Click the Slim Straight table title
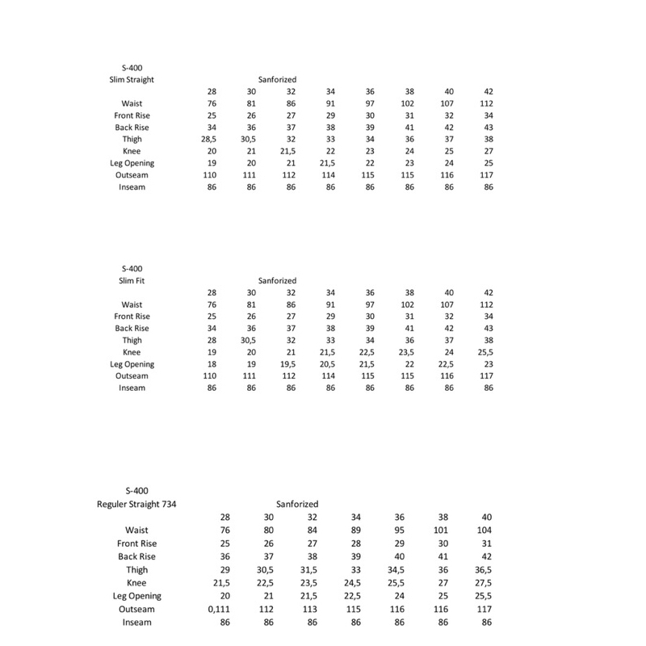(132, 80)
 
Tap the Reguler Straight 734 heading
(136, 504)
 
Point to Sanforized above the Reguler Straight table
(297, 504)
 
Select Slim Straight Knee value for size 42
(488, 152)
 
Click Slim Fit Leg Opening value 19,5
(290, 364)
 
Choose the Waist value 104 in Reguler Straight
(485, 530)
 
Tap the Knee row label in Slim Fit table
(132, 352)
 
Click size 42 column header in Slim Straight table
(488, 92)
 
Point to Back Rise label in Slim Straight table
(132, 128)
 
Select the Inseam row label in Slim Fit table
(132, 388)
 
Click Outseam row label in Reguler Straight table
(136, 609)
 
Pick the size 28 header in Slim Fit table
(212, 292)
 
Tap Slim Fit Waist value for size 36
(370, 304)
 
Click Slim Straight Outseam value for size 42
(488, 175)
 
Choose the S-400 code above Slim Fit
(132, 268)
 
